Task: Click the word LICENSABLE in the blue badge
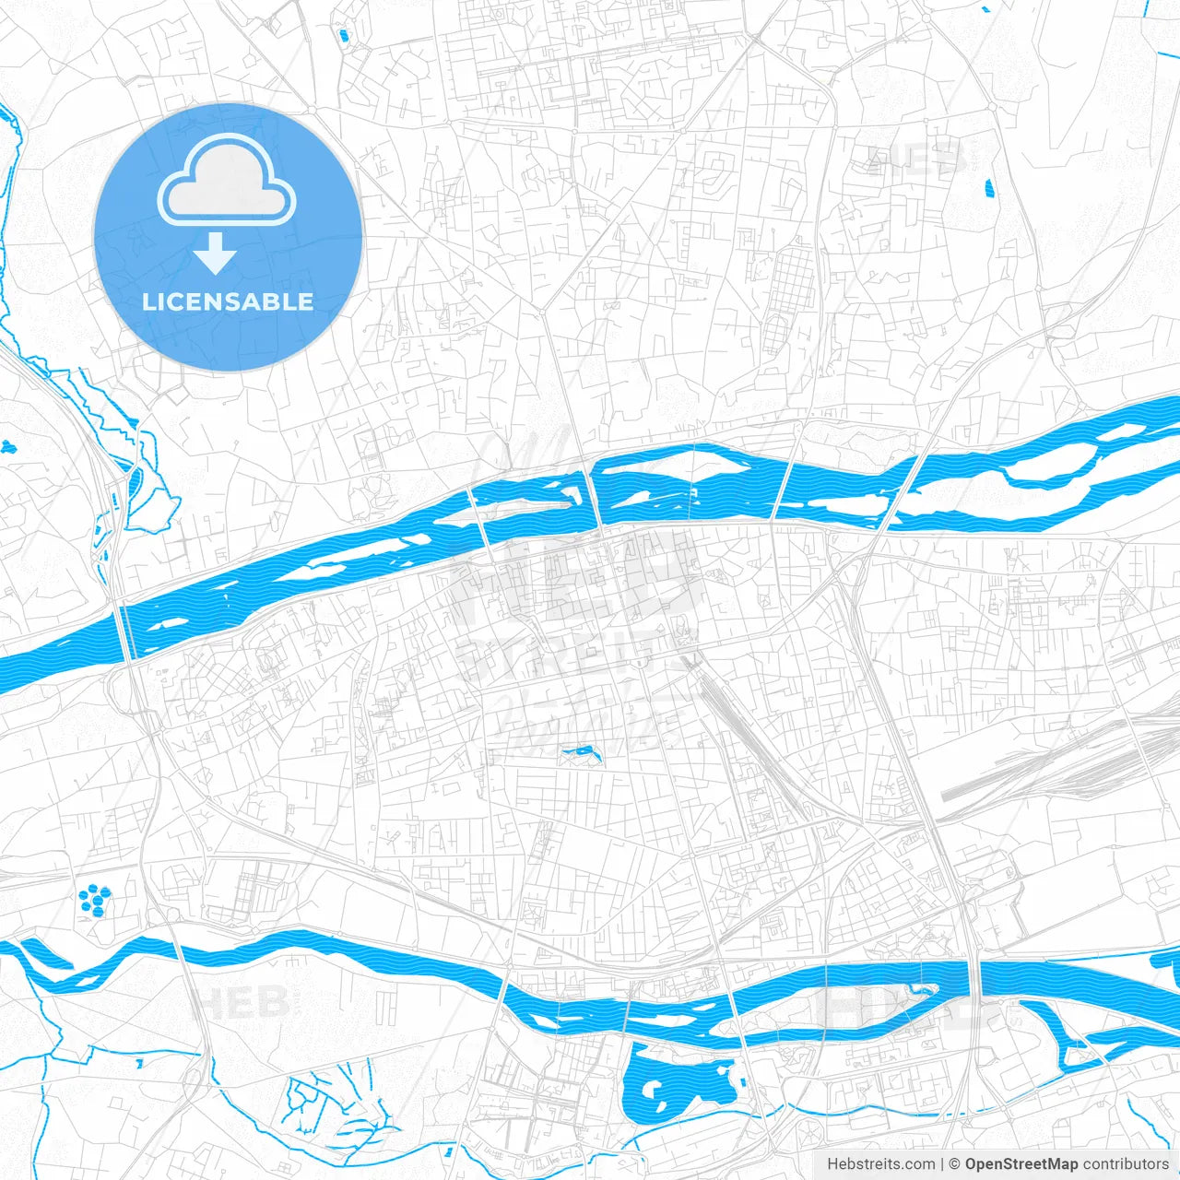pyautogui.click(x=228, y=301)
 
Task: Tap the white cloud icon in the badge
pyautogui.click(x=227, y=180)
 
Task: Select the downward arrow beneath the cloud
pyautogui.click(x=216, y=254)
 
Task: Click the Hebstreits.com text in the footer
pyautogui.click(x=880, y=1164)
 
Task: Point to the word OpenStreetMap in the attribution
pyautogui.click(x=1021, y=1164)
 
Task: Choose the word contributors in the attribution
pyautogui.click(x=1126, y=1164)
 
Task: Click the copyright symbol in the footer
pyautogui.click(x=955, y=1164)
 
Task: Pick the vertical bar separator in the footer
pyautogui.click(x=942, y=1164)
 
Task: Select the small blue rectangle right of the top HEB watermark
pyautogui.click(x=990, y=190)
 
